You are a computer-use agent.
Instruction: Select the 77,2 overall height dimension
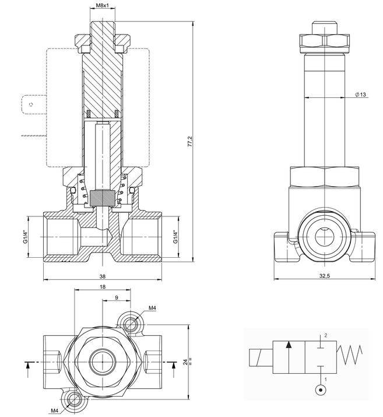[189, 142]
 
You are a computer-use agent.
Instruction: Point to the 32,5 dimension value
[324, 276]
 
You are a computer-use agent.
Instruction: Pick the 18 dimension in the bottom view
[103, 287]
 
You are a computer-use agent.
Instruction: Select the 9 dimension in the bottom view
[118, 297]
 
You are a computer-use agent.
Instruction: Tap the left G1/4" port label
[25, 238]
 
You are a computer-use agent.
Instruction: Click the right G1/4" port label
[175, 237]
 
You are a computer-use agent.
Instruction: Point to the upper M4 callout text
[153, 308]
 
